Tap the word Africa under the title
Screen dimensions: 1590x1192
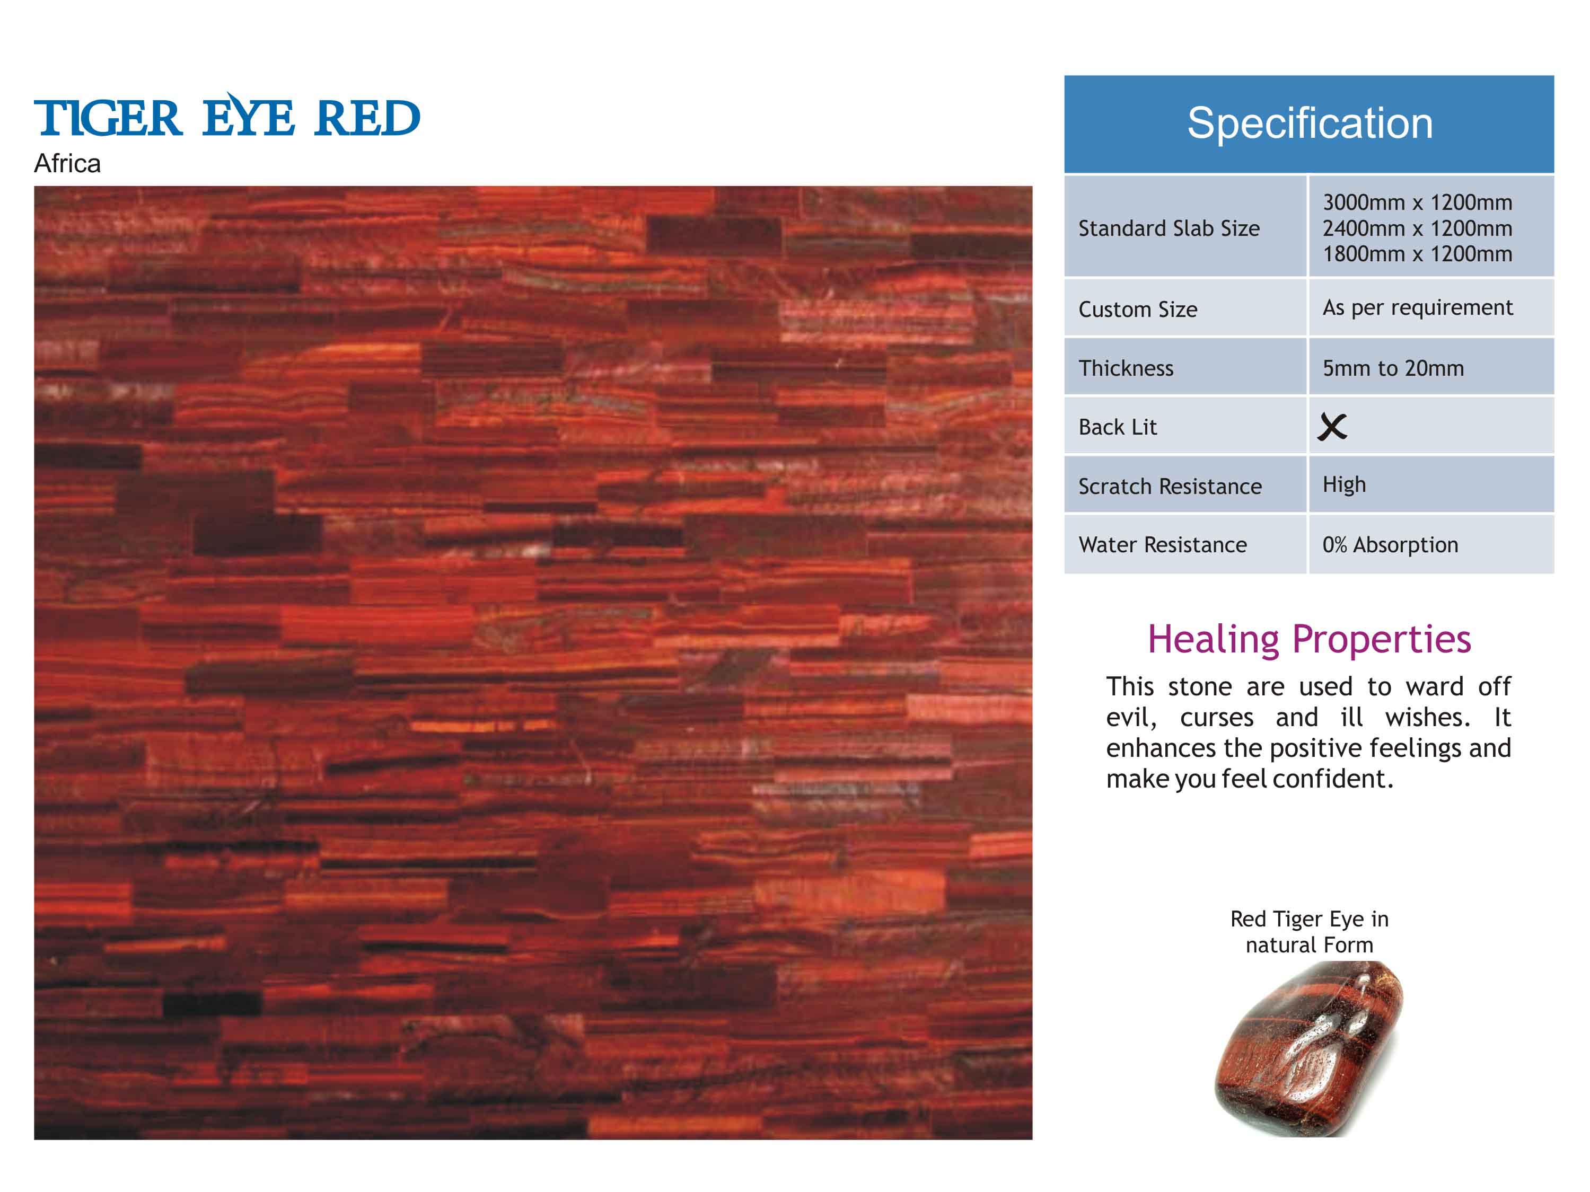point(67,164)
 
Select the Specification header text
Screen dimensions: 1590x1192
point(1309,123)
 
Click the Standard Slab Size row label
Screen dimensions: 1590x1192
point(1169,228)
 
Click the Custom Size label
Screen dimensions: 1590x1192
point(1138,310)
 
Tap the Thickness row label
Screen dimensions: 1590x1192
point(1126,368)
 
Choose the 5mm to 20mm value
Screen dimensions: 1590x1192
point(1393,368)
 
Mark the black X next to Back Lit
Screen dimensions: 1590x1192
point(1332,427)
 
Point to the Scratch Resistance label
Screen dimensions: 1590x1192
point(1170,487)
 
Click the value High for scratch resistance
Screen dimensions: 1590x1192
point(1344,485)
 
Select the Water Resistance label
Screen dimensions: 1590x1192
point(1162,545)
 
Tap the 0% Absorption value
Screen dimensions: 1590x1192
point(1390,545)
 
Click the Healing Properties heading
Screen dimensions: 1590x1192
point(1309,639)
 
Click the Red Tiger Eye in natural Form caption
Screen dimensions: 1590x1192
point(1309,932)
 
